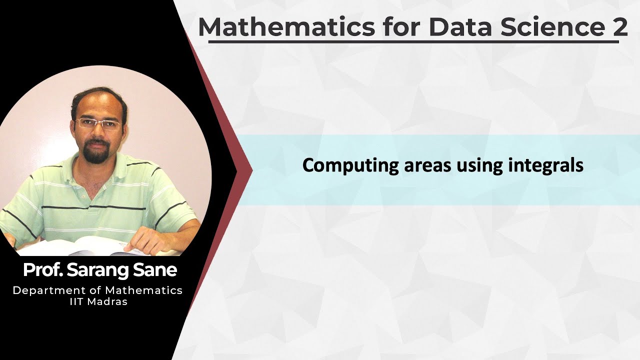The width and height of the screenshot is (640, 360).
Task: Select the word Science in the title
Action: click(x=549, y=27)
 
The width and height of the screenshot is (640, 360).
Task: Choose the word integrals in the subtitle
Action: click(x=546, y=165)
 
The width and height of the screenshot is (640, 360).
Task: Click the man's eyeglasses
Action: click(x=99, y=124)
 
